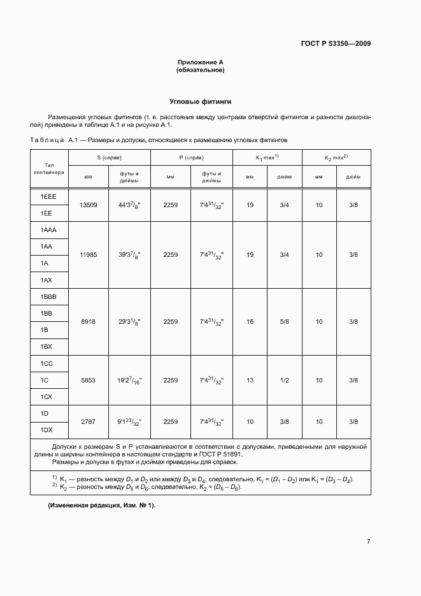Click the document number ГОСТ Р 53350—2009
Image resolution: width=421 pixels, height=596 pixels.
click(336, 44)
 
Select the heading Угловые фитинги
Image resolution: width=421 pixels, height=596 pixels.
click(200, 101)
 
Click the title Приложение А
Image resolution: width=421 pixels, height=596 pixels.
click(200, 62)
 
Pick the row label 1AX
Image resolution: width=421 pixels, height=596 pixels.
click(46, 280)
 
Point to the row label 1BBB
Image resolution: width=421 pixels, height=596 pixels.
click(49, 297)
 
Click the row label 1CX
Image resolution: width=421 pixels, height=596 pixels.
click(46, 396)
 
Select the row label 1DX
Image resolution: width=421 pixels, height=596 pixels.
click(46, 430)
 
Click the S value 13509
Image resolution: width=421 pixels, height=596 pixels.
click(89, 205)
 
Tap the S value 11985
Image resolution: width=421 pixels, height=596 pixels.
click(89, 254)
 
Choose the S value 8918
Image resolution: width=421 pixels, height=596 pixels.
click(89, 322)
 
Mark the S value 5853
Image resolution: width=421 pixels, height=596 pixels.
click(89, 380)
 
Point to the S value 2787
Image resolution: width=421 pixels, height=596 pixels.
click(89, 421)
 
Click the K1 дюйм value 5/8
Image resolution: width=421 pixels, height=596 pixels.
click(284, 322)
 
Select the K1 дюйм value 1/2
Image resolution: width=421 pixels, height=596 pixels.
click(284, 380)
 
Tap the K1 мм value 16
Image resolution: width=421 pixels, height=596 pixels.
click(250, 322)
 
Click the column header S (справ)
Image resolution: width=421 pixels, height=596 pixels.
click(110, 157)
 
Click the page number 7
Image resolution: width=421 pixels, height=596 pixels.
click(368, 542)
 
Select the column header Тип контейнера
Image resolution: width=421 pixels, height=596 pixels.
click(49, 168)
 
